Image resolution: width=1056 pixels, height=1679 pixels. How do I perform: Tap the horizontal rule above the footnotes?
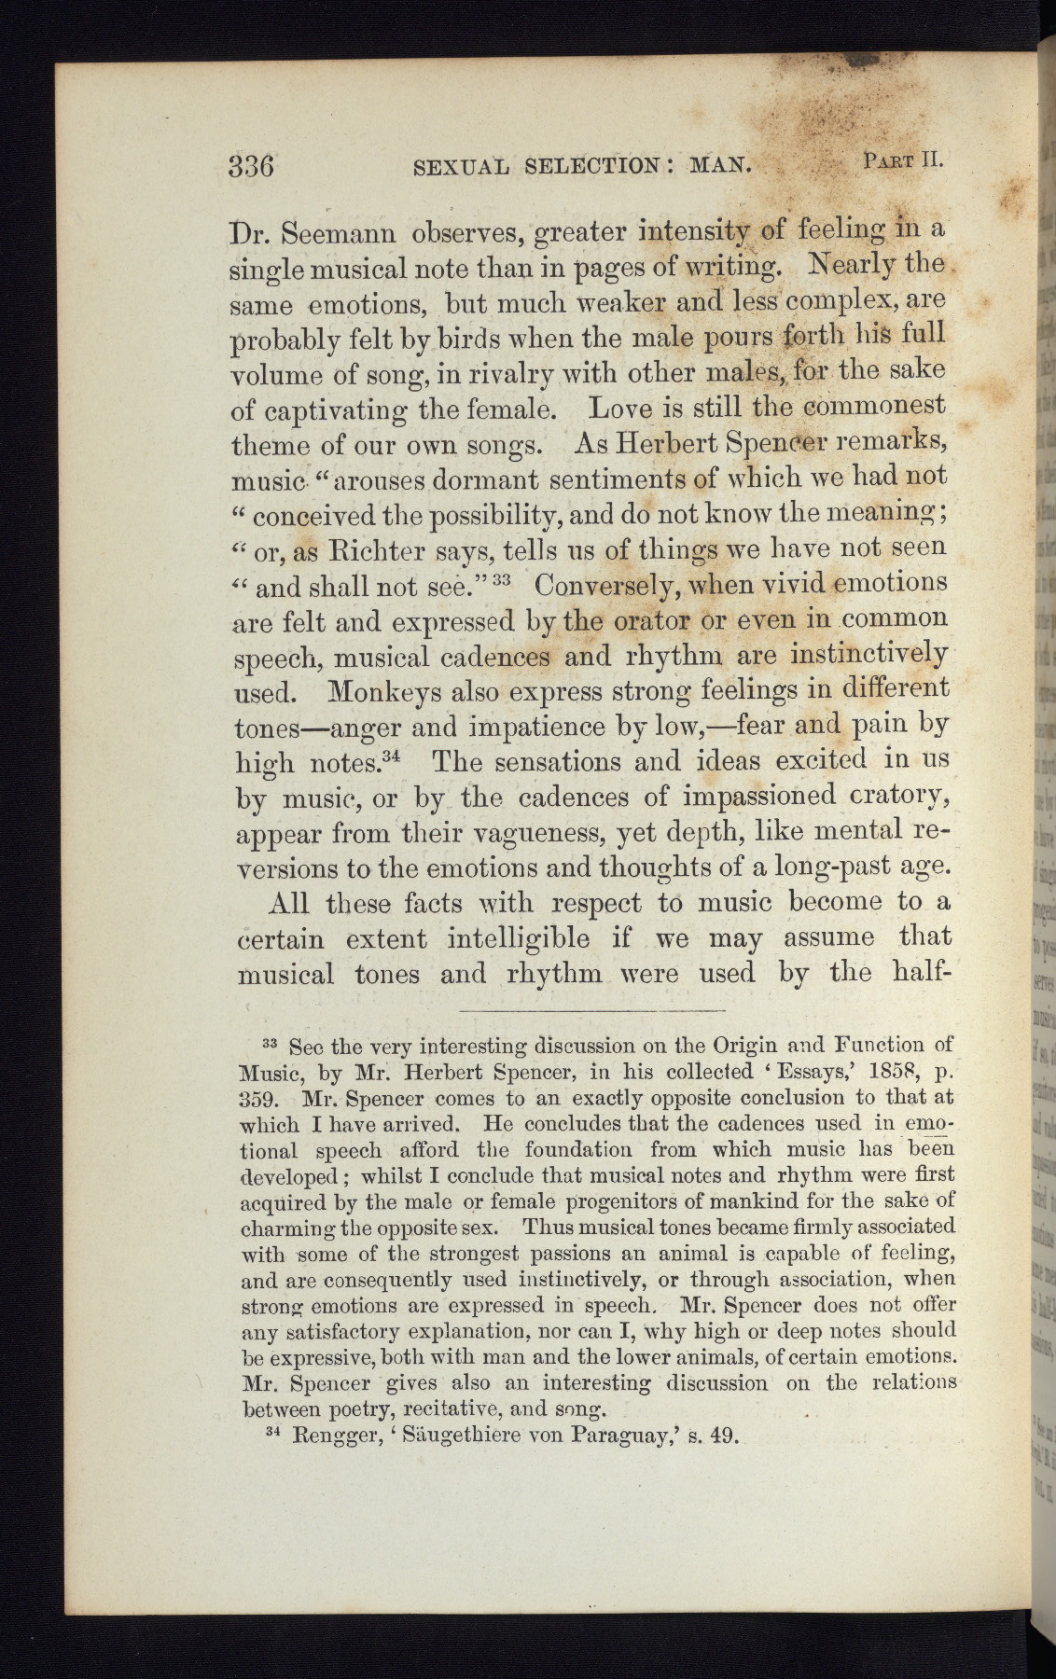(592, 1010)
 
